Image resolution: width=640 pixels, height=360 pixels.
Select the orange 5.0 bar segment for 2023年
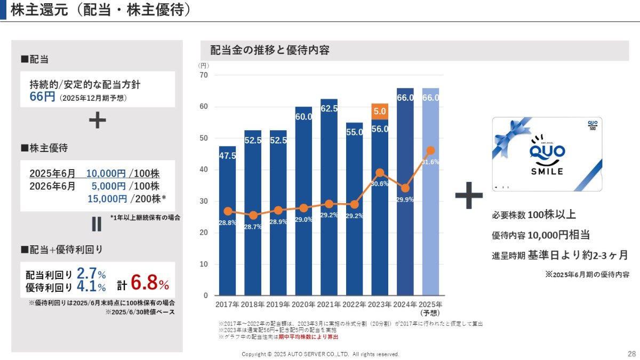380,111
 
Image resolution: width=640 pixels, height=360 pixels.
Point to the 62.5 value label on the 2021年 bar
329,109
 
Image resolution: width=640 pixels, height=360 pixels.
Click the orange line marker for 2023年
380,173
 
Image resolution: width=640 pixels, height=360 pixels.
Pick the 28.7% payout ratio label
253,227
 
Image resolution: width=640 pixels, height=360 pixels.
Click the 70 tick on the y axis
203,75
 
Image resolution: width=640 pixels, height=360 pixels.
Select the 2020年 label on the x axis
303,305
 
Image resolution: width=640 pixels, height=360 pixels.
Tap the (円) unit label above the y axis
203,65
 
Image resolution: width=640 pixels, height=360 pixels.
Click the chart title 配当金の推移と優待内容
269,51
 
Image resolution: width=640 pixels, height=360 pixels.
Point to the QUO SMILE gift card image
547,154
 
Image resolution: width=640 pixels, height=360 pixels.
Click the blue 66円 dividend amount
43,97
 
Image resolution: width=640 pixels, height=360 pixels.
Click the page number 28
631,354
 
